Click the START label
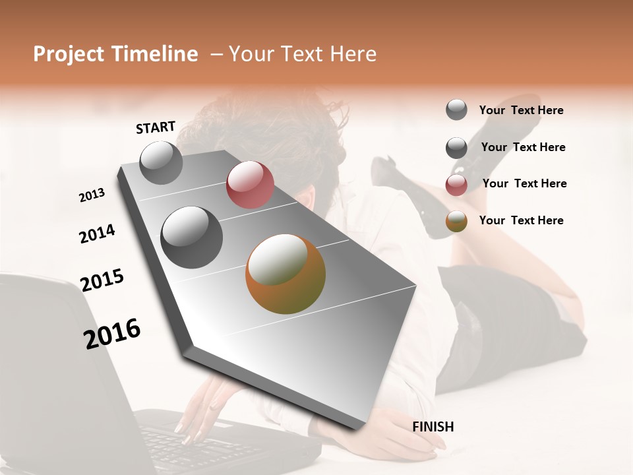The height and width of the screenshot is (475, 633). coord(156,127)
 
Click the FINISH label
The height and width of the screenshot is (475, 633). coord(433,427)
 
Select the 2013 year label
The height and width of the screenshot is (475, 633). coord(92,195)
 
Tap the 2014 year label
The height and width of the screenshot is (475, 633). coord(97,234)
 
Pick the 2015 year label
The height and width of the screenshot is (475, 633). coord(102,280)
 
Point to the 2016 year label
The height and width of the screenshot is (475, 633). coord(112,334)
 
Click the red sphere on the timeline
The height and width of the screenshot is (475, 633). coord(250,185)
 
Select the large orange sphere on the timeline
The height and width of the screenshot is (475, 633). coord(286,273)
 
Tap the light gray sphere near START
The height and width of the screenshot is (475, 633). coord(161,162)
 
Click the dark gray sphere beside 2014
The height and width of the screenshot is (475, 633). coord(191,237)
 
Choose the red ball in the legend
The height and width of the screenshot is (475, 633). coord(456,185)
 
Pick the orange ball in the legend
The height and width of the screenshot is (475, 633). coord(456,221)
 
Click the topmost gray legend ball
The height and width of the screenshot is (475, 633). coord(456,110)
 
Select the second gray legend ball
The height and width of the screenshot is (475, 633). coord(456,148)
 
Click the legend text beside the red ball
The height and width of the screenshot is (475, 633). coord(524,183)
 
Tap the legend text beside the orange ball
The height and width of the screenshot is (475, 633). coord(521,220)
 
